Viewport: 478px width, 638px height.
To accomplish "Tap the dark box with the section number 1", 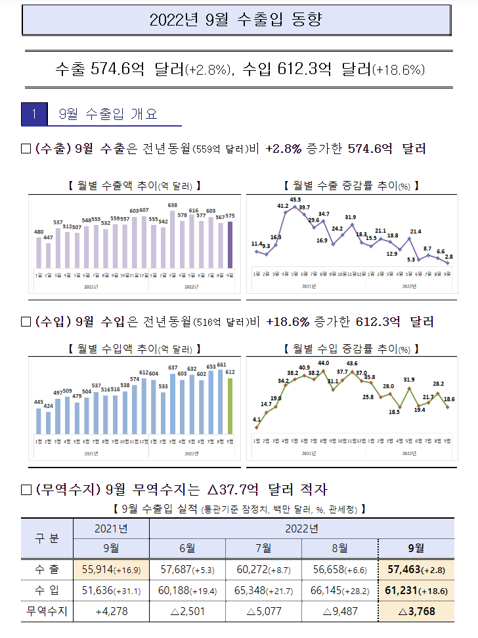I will point(34,114).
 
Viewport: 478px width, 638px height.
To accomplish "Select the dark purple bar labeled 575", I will point(230,245).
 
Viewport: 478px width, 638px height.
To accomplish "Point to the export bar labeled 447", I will point(49,255).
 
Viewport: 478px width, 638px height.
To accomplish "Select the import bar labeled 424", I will point(49,422).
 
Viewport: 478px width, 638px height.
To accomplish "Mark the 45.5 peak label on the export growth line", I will point(295,200).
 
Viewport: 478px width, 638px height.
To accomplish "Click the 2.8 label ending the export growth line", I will point(449,257).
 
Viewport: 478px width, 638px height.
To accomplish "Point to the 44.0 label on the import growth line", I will point(323,363).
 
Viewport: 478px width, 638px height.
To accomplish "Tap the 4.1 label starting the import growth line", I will point(256,419).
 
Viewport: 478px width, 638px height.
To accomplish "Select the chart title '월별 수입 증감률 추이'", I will point(351,348).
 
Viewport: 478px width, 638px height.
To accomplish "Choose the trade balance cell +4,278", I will point(111,612).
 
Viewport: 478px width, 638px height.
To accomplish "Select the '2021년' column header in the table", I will point(111,528).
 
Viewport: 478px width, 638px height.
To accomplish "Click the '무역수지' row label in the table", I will point(46,612).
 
